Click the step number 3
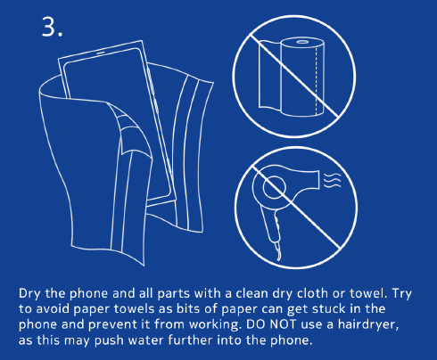52,27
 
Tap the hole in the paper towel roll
302,42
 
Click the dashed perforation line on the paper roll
316,79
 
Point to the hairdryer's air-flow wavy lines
332,180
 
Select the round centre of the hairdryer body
274,187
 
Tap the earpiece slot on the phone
100,53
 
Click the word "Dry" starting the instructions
29,294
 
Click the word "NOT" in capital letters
283,324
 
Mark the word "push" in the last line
109,340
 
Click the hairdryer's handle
270,225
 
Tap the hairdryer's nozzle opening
319,179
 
